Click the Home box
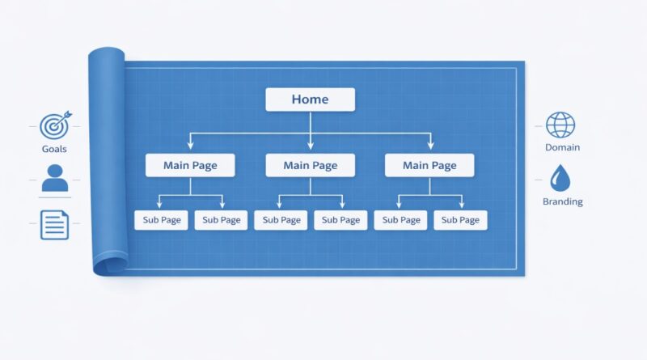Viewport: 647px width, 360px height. click(x=311, y=100)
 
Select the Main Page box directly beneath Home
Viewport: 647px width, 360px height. click(x=311, y=166)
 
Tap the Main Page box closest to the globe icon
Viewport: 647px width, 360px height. click(x=429, y=166)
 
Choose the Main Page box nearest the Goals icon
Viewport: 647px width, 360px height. click(x=190, y=166)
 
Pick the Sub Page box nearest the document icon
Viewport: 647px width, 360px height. click(x=161, y=220)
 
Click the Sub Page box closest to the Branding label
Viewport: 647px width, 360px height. click(x=460, y=220)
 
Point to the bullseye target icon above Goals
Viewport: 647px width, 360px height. click(x=55, y=125)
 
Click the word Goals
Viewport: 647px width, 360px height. click(x=54, y=149)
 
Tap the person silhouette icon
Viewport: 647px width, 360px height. click(x=55, y=178)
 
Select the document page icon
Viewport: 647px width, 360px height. click(x=54, y=225)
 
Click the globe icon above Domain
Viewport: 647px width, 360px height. click(x=560, y=125)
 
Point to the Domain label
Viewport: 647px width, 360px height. click(x=562, y=147)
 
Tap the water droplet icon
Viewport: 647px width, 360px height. click(x=560, y=178)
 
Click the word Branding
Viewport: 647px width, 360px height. click(x=563, y=201)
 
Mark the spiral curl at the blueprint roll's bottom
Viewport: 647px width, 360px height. click(x=109, y=265)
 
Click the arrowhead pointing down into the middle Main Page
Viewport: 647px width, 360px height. click(x=311, y=146)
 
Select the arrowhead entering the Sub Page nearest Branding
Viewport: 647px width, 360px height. click(x=461, y=205)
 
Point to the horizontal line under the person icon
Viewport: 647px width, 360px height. click(x=55, y=197)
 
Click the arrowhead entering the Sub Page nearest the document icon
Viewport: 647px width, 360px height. click(x=159, y=205)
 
